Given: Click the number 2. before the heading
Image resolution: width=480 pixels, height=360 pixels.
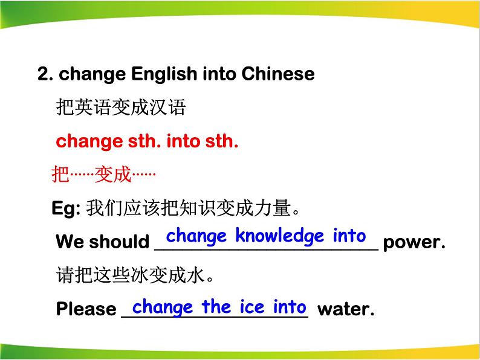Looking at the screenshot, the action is click(45, 74).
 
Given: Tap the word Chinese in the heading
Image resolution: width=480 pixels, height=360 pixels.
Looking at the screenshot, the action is click(278, 74).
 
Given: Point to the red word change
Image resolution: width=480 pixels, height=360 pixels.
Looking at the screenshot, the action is click(89, 142).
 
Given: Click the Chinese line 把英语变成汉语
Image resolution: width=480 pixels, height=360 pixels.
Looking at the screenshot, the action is click(121, 107).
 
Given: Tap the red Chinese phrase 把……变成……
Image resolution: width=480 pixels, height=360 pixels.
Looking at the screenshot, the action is click(104, 175).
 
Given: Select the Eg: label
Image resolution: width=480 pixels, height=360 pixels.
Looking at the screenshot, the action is click(66, 208).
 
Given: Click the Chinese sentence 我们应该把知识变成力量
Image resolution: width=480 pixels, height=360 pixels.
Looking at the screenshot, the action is click(193, 208).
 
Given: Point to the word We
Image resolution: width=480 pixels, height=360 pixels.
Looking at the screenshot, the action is click(70, 241).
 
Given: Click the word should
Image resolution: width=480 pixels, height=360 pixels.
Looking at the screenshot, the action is click(119, 241).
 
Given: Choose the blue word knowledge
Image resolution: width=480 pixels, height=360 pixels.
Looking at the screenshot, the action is click(279, 236).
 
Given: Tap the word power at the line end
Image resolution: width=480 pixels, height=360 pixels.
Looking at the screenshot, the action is click(414, 243).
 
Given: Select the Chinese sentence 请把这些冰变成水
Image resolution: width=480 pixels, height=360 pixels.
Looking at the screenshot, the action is click(135, 275).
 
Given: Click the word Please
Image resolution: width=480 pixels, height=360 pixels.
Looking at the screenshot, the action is click(86, 308).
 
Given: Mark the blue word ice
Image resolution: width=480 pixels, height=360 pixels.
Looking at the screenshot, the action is click(252, 307).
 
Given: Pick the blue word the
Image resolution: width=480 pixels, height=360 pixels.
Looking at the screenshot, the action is click(216, 306).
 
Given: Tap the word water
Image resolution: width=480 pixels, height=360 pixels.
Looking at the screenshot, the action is click(346, 309).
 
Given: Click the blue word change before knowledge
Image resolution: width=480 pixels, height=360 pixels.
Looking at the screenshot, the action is click(196, 237).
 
